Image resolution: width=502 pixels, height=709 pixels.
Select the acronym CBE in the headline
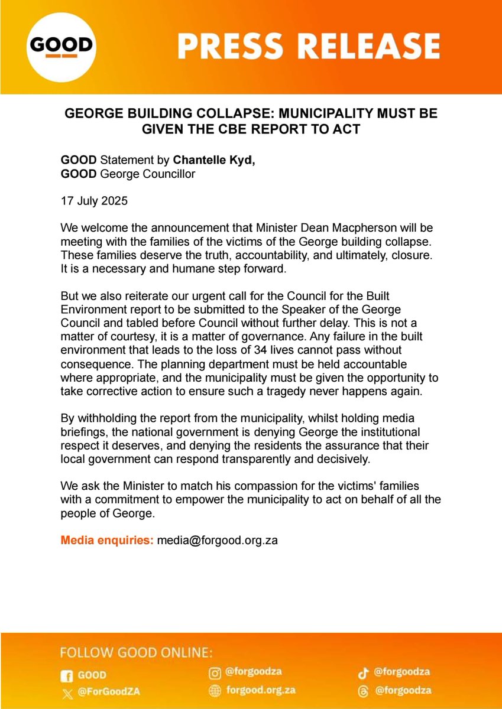tap(249, 129)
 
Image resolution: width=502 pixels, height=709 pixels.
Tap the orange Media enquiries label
tap(107, 540)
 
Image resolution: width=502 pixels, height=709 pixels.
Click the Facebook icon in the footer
tap(67, 675)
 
